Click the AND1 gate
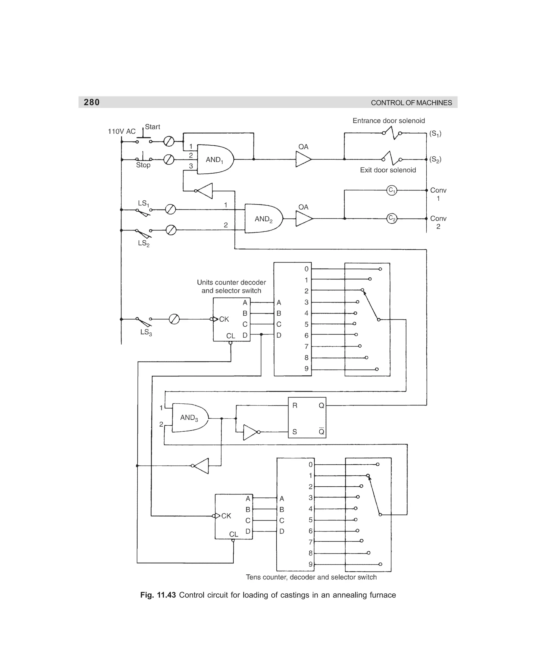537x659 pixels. pos(214,160)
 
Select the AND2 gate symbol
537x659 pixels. pos(263,219)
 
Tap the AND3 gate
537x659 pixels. pos(189,418)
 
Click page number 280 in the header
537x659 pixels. pos(92,102)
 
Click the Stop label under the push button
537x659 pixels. pos(143,165)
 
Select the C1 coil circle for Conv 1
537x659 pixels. pos(392,190)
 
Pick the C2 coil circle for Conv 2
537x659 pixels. pos(392,218)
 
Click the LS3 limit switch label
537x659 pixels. pos(146,332)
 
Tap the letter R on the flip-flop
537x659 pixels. pos(295,405)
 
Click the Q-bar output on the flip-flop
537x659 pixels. pos(321,432)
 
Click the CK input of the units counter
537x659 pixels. pos(224,319)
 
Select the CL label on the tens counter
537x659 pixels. pos(234,534)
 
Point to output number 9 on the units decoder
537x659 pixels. pos(306,369)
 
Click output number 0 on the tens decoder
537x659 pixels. pos(310,464)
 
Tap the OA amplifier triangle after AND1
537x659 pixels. pos(303,160)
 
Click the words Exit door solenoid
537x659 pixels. pos(388,170)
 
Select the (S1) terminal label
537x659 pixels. pos(435,134)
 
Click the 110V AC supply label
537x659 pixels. pos(122,131)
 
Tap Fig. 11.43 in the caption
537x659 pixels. pos(158,595)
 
